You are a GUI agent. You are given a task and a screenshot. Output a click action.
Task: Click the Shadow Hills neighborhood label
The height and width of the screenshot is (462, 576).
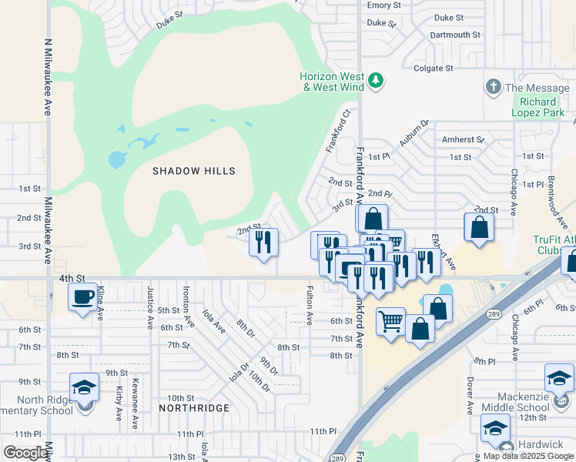click(x=193, y=171)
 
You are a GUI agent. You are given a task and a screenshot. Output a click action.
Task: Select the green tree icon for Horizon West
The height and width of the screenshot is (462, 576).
click(x=375, y=80)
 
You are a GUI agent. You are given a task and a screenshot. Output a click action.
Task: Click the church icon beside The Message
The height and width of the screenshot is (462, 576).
click(x=493, y=88)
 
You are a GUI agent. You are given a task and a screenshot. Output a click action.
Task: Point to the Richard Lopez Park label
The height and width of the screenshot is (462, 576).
click(x=537, y=107)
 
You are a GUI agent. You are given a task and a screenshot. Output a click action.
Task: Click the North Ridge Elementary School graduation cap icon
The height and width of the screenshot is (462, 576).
click(x=84, y=387)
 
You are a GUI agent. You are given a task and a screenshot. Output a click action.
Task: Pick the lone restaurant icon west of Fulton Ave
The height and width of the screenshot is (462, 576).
click(x=263, y=243)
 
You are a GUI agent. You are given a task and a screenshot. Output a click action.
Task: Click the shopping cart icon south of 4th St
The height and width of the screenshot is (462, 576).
click(x=390, y=320)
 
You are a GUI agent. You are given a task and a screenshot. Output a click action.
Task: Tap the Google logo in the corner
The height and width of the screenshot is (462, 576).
click(x=25, y=453)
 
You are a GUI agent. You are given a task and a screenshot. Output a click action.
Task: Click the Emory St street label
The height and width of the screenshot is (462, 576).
click(x=384, y=5)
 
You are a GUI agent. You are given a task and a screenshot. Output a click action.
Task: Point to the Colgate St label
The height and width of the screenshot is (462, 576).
click(x=433, y=69)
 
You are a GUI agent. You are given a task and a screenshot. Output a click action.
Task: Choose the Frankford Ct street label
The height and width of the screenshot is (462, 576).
click(x=337, y=130)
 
